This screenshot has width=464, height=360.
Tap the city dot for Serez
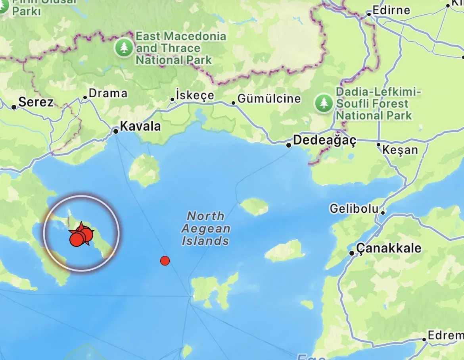point(14,107)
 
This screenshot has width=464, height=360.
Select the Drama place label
point(108,94)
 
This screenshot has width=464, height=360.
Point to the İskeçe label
point(195,96)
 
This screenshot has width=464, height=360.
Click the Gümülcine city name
point(269,98)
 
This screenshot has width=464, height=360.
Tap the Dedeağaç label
point(324,140)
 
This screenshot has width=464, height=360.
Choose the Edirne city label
point(391,10)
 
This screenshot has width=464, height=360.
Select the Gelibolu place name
point(354,208)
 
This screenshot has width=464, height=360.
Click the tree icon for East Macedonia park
point(124,48)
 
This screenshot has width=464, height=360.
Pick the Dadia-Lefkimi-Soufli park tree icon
point(324,103)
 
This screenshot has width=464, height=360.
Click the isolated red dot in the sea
point(165,261)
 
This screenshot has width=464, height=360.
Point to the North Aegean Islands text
point(205,228)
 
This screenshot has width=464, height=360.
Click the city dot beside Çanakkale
point(352,253)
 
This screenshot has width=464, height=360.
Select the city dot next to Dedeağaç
point(289,145)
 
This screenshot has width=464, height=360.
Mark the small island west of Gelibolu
point(254,206)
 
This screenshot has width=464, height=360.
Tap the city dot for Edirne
point(369,14)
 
